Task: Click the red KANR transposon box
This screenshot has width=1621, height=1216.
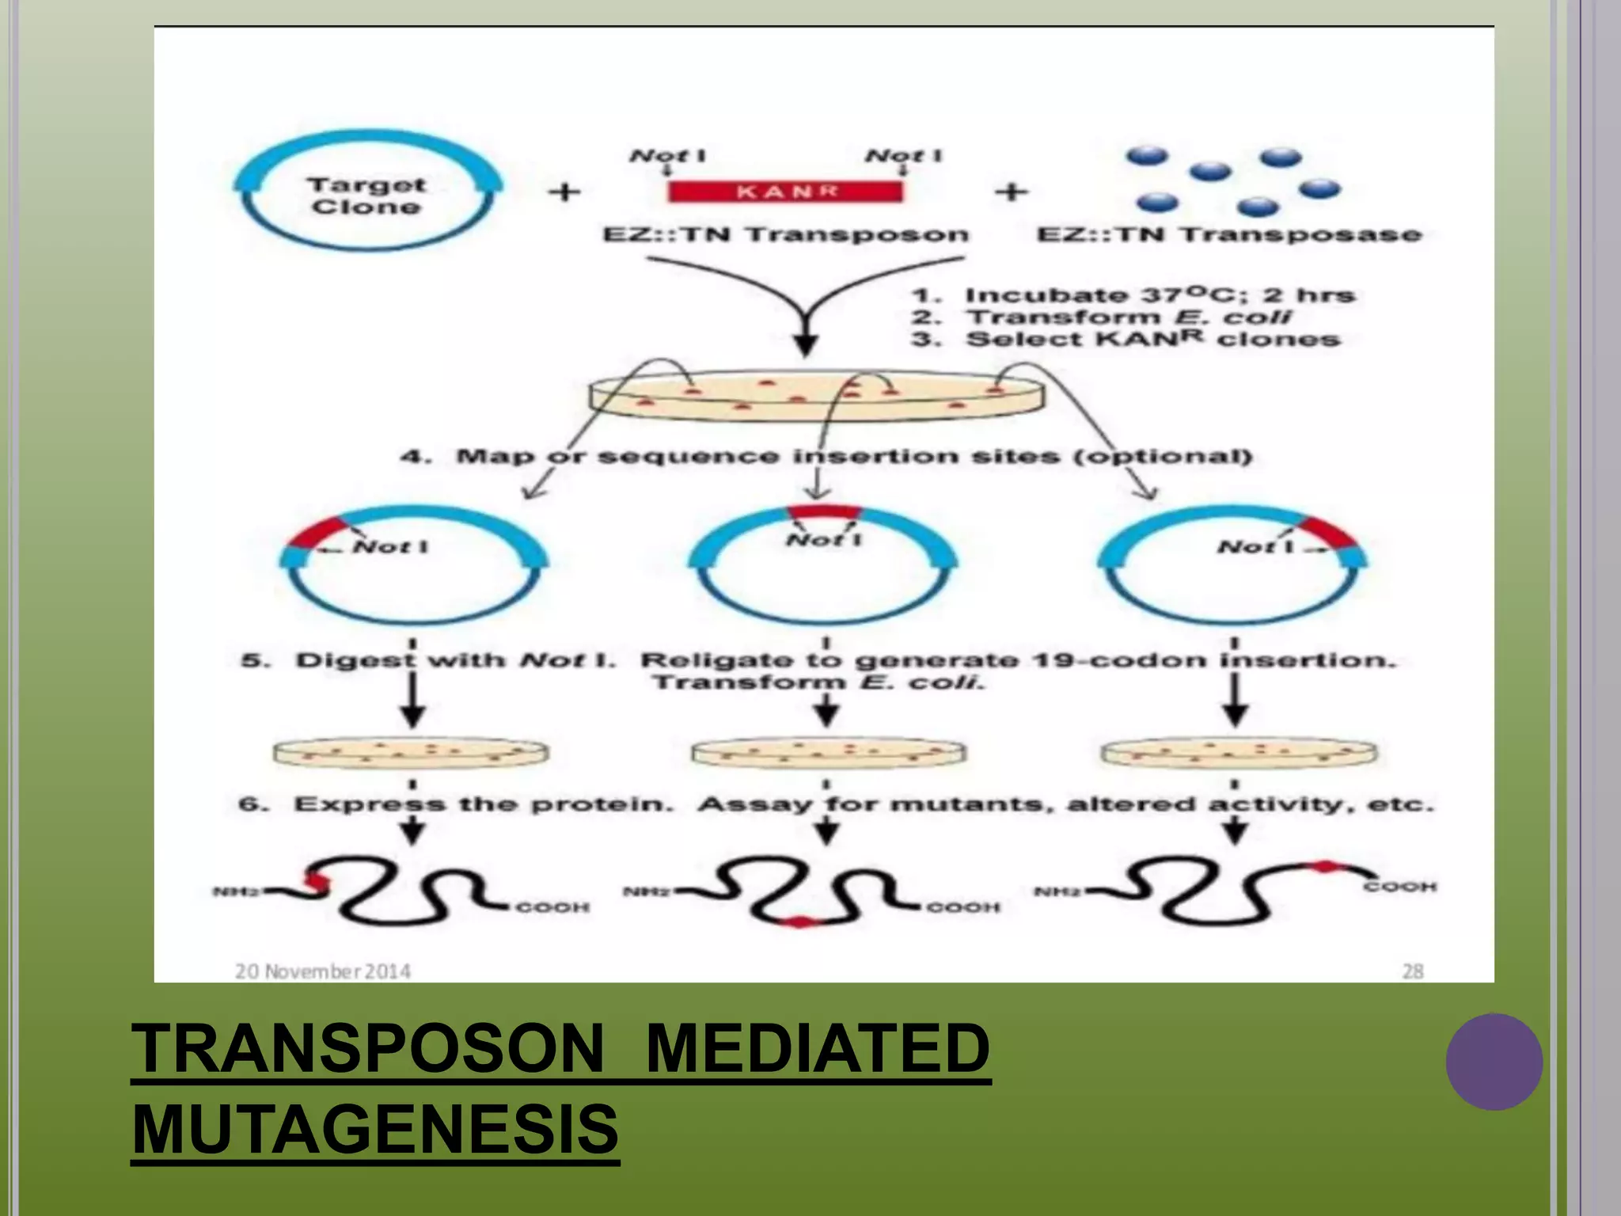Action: (x=784, y=192)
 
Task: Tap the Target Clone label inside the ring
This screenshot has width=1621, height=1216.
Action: (x=366, y=196)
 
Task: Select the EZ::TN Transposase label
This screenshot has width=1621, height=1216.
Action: (x=1229, y=234)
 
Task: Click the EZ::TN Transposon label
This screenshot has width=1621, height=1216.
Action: (x=785, y=234)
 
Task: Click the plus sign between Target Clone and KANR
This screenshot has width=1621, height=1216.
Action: (x=564, y=192)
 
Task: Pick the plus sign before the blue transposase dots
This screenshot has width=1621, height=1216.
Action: (x=1011, y=192)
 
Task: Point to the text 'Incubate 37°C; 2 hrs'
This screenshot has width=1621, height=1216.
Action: (x=1160, y=295)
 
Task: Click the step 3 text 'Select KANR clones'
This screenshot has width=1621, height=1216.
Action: (x=1152, y=339)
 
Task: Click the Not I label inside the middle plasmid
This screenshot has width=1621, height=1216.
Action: (x=823, y=540)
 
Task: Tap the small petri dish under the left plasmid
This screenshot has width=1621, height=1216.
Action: (x=410, y=752)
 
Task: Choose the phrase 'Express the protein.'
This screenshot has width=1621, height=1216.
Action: (x=483, y=804)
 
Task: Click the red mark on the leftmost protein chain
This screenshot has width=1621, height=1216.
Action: (x=317, y=882)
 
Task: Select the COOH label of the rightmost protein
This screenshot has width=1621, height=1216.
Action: (x=1399, y=887)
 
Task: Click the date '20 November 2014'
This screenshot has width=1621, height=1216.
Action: (x=323, y=971)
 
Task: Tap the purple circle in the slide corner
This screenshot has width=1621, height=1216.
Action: (x=1494, y=1062)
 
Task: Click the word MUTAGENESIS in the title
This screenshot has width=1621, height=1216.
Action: (x=375, y=1129)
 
